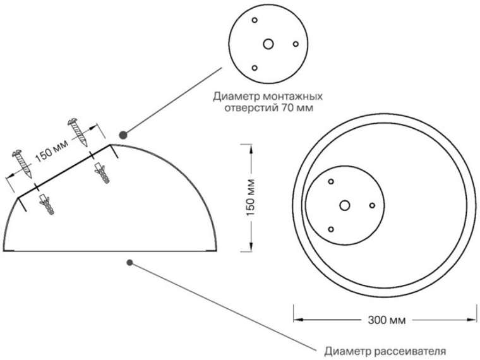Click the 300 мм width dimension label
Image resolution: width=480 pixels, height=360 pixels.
tap(387, 320)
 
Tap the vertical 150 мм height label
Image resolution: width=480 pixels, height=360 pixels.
tap(251, 197)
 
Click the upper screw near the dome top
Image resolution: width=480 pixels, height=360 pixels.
tap(78, 132)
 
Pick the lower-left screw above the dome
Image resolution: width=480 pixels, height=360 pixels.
tap(22, 164)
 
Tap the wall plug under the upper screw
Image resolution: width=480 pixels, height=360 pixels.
tap(102, 173)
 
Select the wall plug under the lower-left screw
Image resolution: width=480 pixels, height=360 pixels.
tap(47, 205)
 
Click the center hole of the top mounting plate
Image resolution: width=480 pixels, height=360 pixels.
tap(268, 44)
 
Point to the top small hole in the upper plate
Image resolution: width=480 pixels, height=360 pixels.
tap(255, 20)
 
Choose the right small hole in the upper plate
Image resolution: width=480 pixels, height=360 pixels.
tap(296, 44)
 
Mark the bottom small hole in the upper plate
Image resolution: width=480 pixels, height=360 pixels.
tap(255, 68)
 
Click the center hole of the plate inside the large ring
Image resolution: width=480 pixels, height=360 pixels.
tap(345, 205)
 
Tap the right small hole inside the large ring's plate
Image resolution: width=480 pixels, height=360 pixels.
tap(372, 205)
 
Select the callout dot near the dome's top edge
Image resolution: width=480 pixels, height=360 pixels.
tap(123, 135)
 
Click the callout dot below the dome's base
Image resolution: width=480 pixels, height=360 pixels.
tap(130, 263)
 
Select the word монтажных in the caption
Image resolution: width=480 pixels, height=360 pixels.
tap(292, 96)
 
